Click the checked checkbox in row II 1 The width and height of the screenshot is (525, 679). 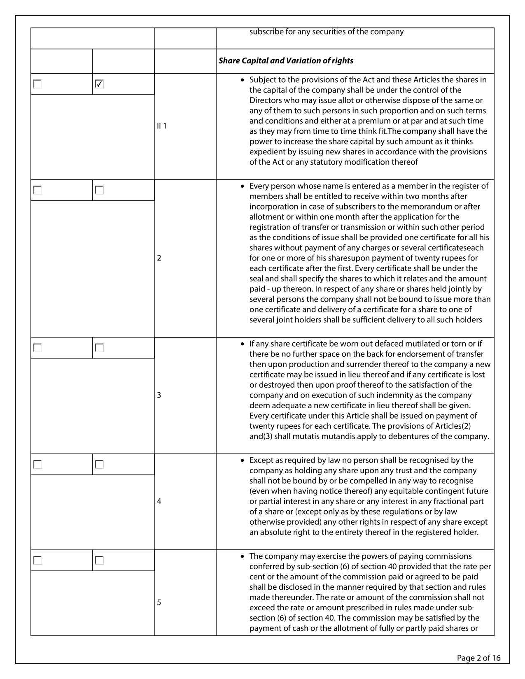(x=99, y=84)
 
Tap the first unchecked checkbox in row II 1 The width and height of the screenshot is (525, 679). (x=38, y=84)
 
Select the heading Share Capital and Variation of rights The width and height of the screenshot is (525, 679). (x=286, y=61)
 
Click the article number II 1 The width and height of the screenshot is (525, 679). (x=162, y=126)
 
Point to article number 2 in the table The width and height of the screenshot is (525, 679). (x=159, y=258)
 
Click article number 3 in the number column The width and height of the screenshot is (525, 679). (x=159, y=395)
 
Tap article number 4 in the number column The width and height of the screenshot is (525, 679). (x=159, y=501)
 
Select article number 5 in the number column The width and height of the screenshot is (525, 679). (x=159, y=602)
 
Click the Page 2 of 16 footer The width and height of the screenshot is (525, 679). (x=478, y=658)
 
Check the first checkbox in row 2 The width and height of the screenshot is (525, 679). (x=38, y=190)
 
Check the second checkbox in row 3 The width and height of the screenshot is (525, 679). (x=99, y=348)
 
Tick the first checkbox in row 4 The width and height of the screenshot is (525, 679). (x=38, y=465)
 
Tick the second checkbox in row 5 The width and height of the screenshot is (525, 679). (x=99, y=560)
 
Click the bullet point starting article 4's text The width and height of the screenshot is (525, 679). (x=243, y=460)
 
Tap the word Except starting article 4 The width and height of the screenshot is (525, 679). (x=261, y=460)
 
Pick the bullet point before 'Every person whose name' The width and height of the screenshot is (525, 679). (x=243, y=186)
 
